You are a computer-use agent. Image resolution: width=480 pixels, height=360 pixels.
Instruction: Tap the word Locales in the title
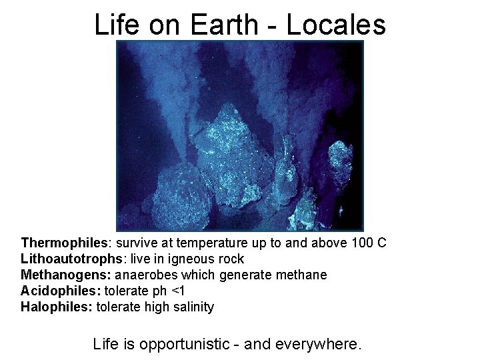(x=336, y=25)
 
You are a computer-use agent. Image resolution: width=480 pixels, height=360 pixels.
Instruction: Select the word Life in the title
(x=117, y=25)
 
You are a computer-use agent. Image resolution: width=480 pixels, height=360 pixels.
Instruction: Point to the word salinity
(x=192, y=307)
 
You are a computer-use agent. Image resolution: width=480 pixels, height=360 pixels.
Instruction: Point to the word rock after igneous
(x=231, y=259)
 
